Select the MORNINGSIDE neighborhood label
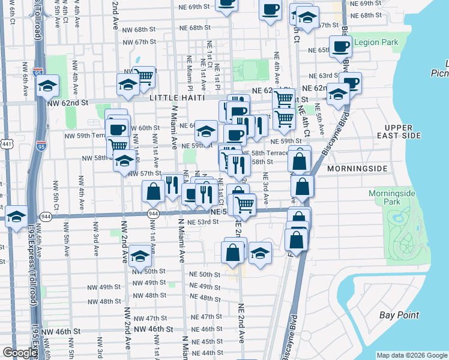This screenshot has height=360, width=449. (360, 169)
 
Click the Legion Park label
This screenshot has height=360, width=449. (376, 43)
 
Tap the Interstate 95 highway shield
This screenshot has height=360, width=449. (38, 73)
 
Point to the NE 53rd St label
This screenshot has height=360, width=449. (202, 222)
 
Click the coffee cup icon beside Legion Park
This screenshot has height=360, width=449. (340, 46)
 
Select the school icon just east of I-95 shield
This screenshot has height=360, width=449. (48, 86)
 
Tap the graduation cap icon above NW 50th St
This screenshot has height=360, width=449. (140, 256)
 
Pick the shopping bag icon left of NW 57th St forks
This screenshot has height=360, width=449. (154, 191)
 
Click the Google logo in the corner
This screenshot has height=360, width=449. (20, 353)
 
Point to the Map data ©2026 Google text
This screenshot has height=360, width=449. (411, 355)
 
